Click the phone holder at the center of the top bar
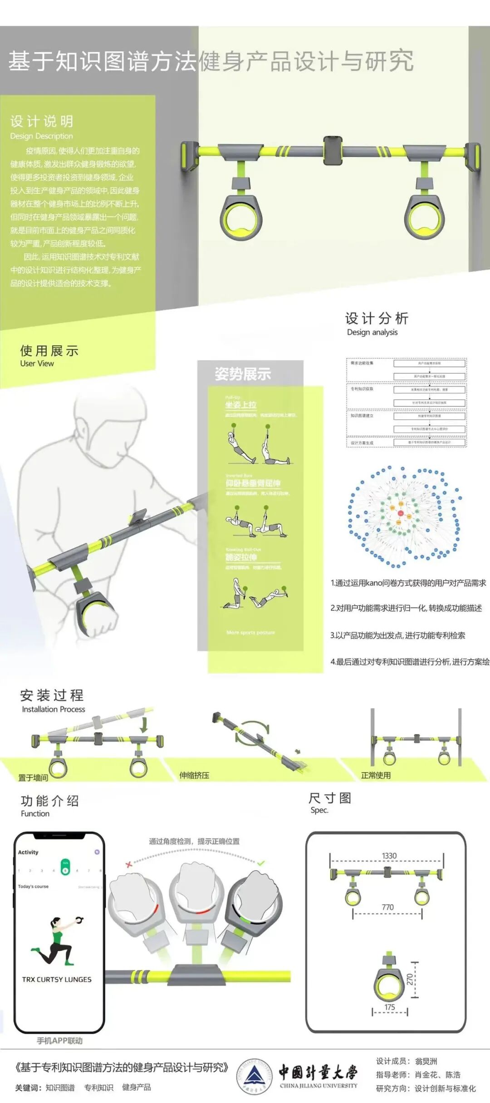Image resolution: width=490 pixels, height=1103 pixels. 333,151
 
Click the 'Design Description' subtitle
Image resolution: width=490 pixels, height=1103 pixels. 41,136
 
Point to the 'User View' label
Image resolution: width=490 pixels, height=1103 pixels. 37,364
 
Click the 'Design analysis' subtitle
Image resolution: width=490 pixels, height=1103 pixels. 372,332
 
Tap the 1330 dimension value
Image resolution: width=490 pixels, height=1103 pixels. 389,856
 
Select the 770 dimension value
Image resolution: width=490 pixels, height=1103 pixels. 387,907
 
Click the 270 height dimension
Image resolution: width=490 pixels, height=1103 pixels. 410,979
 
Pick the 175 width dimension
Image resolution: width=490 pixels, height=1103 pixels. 390,1007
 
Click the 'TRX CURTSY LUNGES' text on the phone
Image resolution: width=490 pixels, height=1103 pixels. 57,980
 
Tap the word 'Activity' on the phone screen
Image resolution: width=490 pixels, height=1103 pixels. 28,852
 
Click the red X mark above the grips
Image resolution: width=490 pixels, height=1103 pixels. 129,864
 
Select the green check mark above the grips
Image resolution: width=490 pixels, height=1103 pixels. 261,863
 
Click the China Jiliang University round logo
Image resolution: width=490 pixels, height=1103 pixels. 255,1077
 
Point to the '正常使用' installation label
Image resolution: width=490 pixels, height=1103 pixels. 376,775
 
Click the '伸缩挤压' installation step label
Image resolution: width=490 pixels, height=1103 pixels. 194,775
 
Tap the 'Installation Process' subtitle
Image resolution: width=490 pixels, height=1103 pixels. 54,709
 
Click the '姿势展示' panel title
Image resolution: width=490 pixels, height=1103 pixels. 243,374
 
